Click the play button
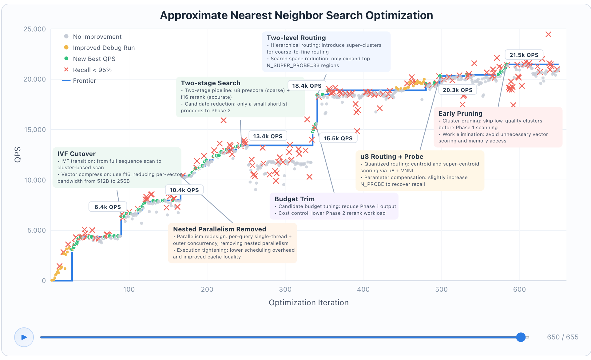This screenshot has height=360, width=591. pyautogui.click(x=24, y=337)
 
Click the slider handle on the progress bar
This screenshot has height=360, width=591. pyautogui.click(x=521, y=337)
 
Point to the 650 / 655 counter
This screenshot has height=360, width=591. pyautogui.click(x=562, y=337)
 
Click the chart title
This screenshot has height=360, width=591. pyautogui.click(x=296, y=15)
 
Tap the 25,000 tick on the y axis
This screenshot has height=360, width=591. pyautogui.click(x=34, y=29)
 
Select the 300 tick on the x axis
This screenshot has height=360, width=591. pyautogui.click(x=285, y=289)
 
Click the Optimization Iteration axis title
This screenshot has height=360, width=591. pyautogui.click(x=308, y=302)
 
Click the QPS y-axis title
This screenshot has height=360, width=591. pyautogui.click(x=18, y=154)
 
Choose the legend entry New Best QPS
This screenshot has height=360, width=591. pyautogui.click(x=94, y=59)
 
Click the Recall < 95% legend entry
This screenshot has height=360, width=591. pyautogui.click(x=92, y=70)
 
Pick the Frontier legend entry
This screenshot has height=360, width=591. pyautogui.click(x=84, y=81)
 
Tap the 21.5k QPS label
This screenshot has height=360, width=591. pyautogui.click(x=524, y=55)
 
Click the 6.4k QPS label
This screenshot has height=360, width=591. pyautogui.click(x=108, y=207)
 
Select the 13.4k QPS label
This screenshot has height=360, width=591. pyautogui.click(x=268, y=136)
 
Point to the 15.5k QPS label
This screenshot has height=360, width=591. pyautogui.click(x=338, y=138)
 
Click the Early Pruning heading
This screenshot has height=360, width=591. pyautogui.click(x=460, y=114)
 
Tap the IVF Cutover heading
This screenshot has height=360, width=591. pyautogui.click(x=77, y=154)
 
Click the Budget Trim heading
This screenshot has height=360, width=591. pyautogui.click(x=294, y=199)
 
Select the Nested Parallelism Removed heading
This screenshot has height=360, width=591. pyautogui.click(x=220, y=229)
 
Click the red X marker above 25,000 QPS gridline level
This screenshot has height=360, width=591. pyautogui.click(x=548, y=34)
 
